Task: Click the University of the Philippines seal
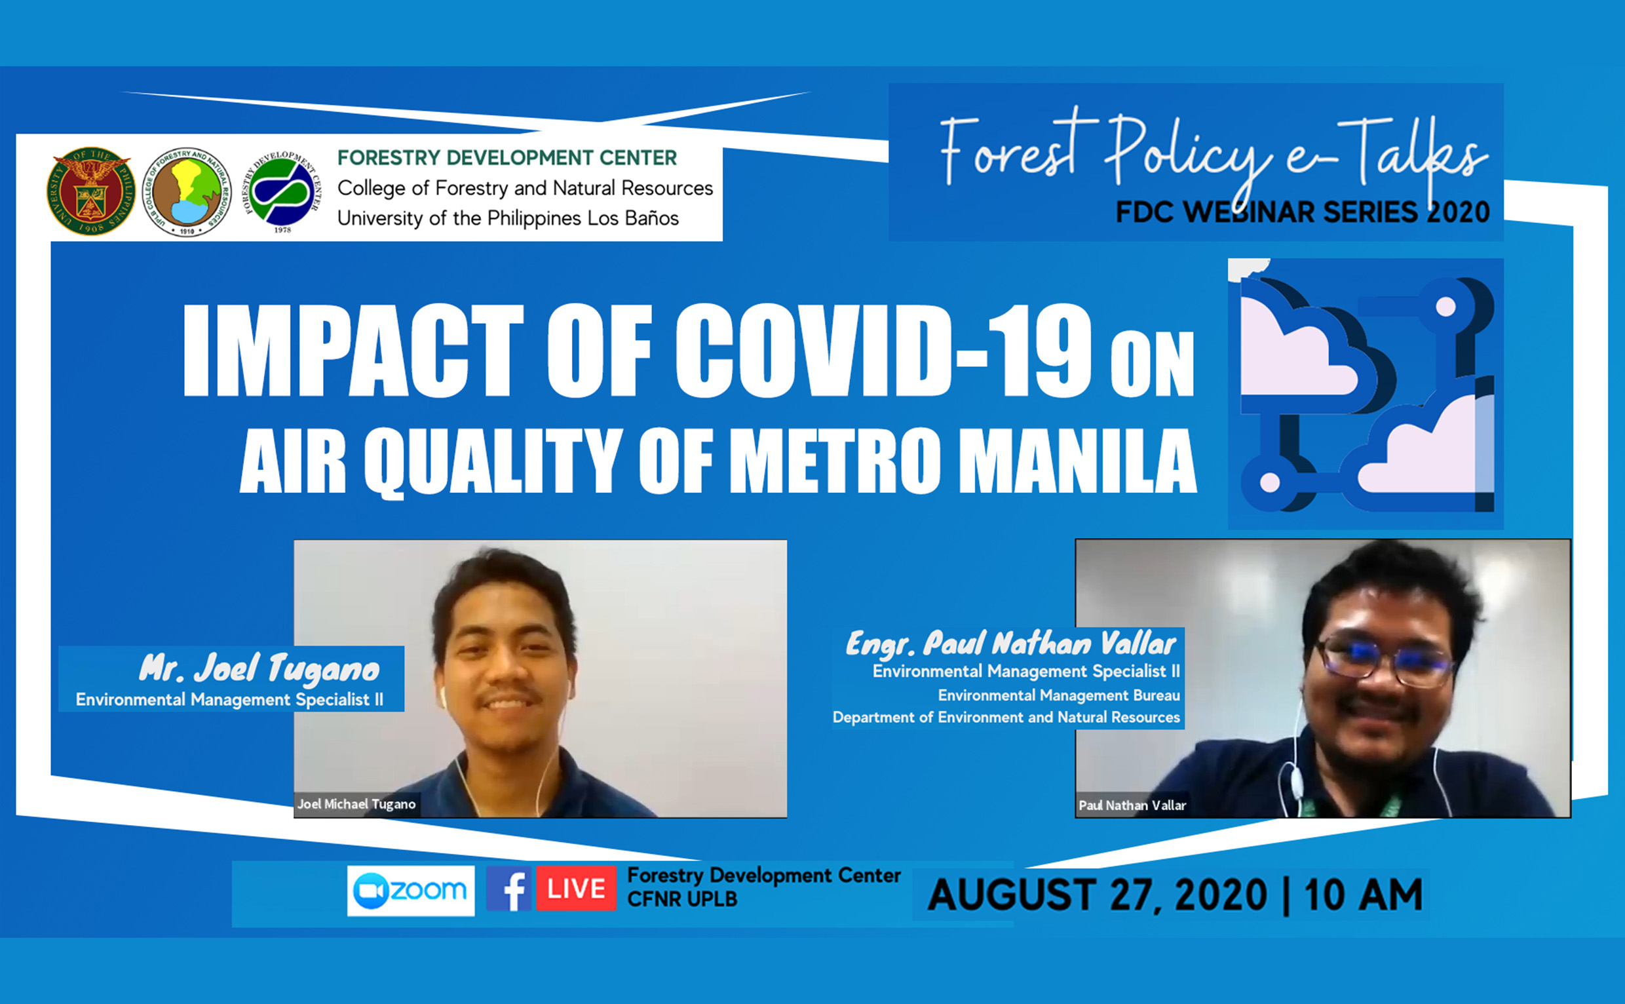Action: pyautogui.click(x=90, y=191)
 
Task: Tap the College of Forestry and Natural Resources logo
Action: pyautogui.click(x=187, y=191)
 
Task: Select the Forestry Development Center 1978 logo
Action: pyautogui.click(x=282, y=192)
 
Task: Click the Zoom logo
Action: pyautogui.click(x=411, y=891)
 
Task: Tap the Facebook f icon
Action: pyautogui.click(x=508, y=889)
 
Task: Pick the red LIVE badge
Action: pyautogui.click(x=576, y=889)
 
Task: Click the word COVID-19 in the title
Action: pyautogui.click(x=883, y=350)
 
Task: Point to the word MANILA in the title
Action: pyautogui.click(x=1077, y=459)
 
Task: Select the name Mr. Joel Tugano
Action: pyautogui.click(x=259, y=668)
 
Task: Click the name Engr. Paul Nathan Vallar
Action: pyautogui.click(x=1010, y=643)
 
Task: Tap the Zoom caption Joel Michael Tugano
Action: pyautogui.click(x=356, y=804)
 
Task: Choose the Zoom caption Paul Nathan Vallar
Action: pyautogui.click(x=1132, y=805)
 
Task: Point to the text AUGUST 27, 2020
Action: pyautogui.click(x=1098, y=895)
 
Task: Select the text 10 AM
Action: pyautogui.click(x=1364, y=895)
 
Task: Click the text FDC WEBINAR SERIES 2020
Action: pyautogui.click(x=1303, y=212)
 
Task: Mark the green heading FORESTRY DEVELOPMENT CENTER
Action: pyautogui.click(x=507, y=157)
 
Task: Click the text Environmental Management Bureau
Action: pyautogui.click(x=1059, y=695)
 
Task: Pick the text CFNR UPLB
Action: pyautogui.click(x=681, y=899)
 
